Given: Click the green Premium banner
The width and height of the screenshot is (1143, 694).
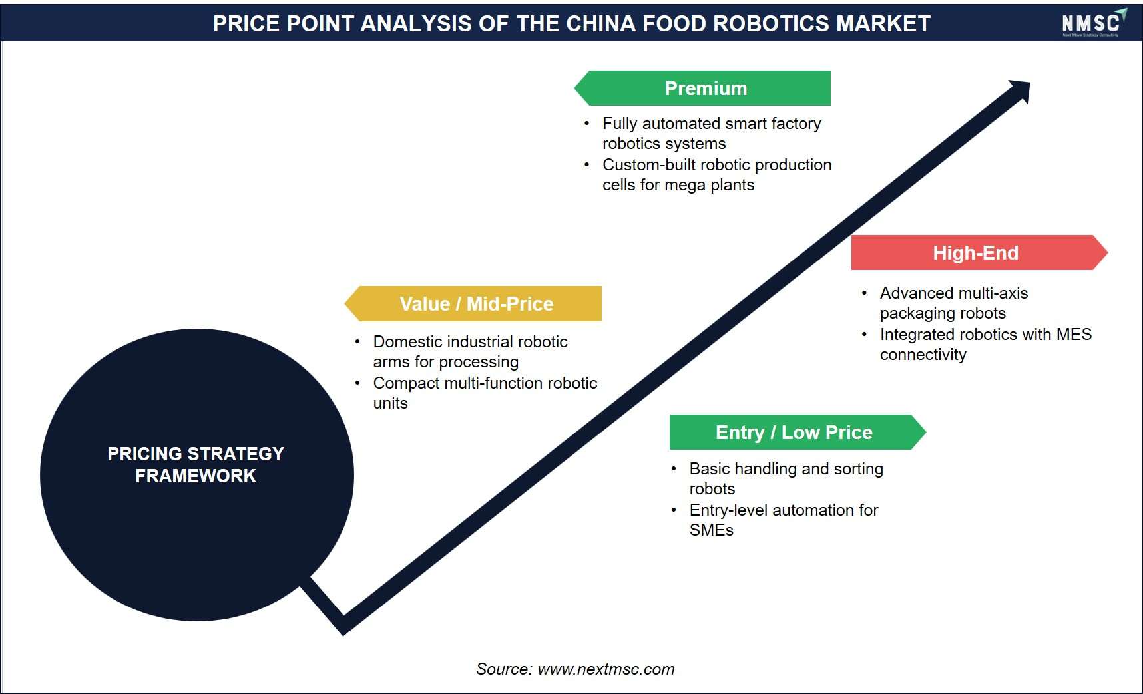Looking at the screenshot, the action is pos(702,88).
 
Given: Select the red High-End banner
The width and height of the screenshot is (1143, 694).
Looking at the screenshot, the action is pos(979,252).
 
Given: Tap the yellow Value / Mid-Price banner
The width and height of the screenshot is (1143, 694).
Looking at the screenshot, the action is pos(473,303).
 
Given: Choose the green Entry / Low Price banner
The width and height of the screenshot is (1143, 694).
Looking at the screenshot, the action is pos(798,432).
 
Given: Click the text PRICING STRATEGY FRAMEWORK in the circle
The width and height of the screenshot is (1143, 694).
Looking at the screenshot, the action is pos(196,464).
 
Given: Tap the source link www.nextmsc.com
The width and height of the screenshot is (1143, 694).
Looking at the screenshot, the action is pos(606,669).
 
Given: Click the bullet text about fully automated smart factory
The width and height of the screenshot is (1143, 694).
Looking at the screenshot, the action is pos(712,133).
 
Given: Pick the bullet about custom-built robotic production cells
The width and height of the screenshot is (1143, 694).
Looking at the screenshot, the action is pos(717,174).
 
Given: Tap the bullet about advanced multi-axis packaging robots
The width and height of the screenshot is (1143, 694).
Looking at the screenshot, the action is pos(954,303).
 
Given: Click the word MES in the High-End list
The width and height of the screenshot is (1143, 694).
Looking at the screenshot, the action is pos(1074,334).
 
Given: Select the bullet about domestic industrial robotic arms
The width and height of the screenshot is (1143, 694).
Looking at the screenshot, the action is pos(470,351).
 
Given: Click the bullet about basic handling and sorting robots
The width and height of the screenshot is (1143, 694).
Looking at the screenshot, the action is pos(786,478).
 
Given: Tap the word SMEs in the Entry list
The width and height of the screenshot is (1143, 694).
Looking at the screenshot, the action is pos(712,530).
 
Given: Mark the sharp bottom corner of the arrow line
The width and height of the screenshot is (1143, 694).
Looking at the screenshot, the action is pos(343,633).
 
